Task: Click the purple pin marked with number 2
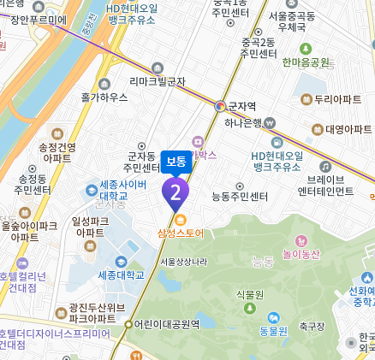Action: point(176,193)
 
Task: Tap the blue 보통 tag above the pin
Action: point(176,161)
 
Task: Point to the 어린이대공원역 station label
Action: point(167,324)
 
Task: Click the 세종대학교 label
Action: point(121,274)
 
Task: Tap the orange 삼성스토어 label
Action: point(181,232)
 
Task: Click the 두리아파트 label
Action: point(337,100)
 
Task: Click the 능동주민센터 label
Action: point(240,197)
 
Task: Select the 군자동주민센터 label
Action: point(139,161)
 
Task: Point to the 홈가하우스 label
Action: point(104,97)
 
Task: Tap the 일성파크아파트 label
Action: point(91,226)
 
